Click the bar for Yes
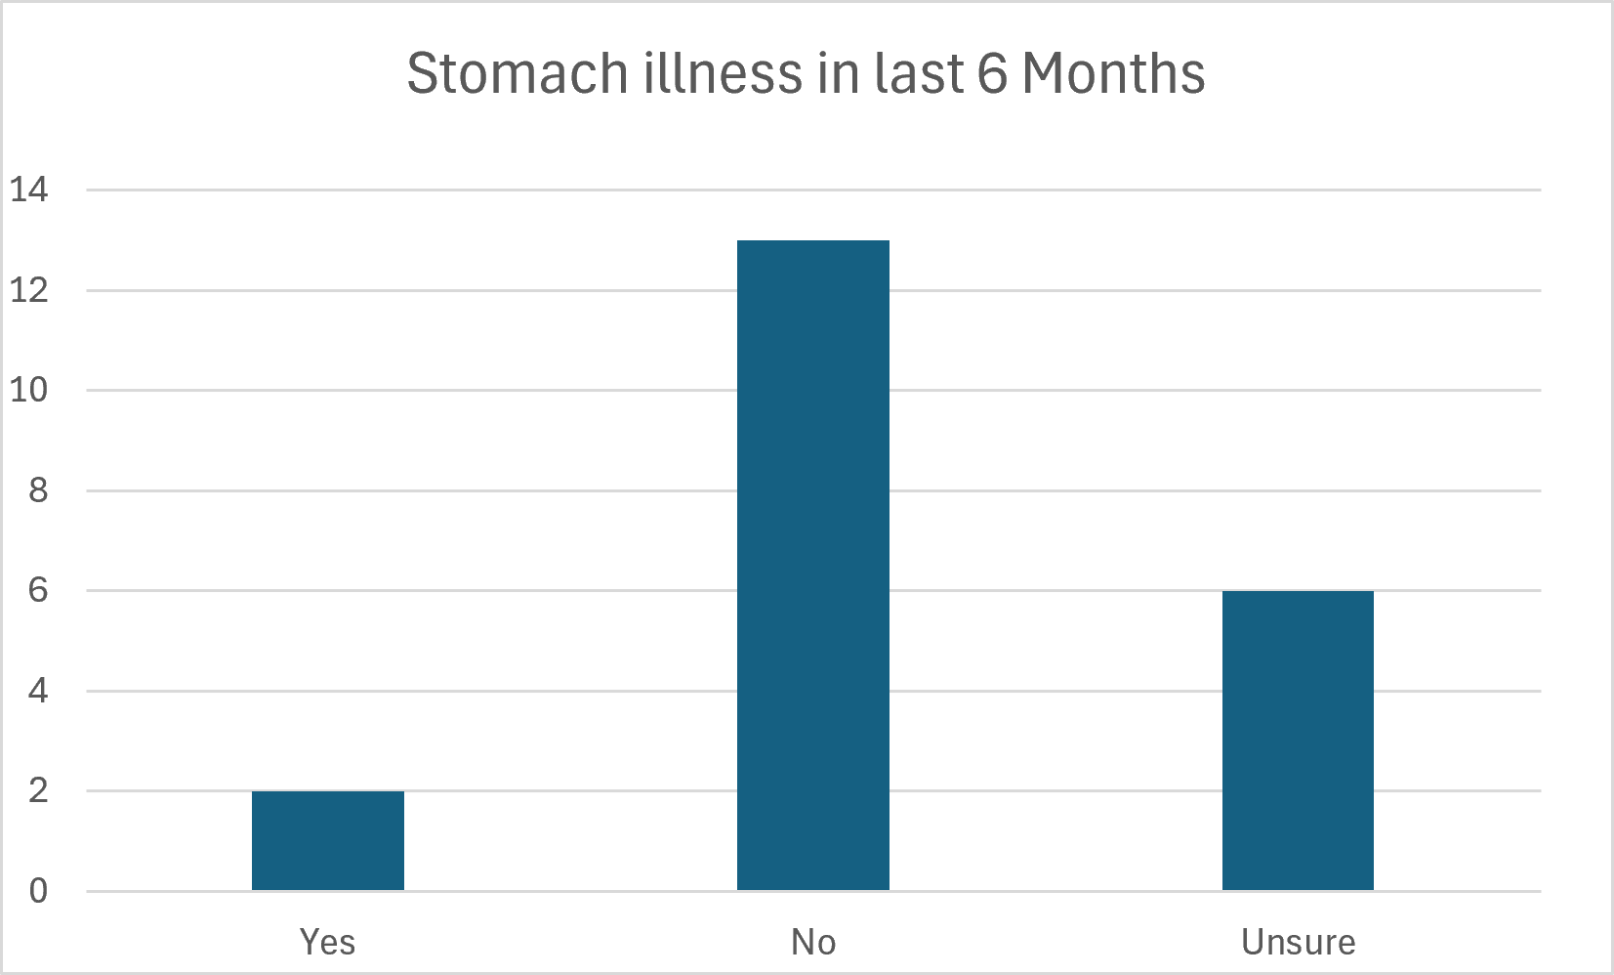[328, 841]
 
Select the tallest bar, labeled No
[812, 566]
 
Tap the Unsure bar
[1298, 741]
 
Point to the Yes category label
[328, 942]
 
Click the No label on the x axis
[813, 942]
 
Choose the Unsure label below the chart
[1299, 942]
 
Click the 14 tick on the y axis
[29, 190]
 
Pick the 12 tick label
[29, 290]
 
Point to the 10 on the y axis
[29, 390]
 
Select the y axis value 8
[38, 490]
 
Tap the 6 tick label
[38, 591]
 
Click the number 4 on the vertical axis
[38, 691]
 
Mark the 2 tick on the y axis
[38, 791]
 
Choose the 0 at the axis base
[38, 891]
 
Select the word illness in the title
[724, 73]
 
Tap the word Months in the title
[1114, 73]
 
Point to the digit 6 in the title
[992, 73]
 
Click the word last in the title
[919, 73]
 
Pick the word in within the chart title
[839, 73]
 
